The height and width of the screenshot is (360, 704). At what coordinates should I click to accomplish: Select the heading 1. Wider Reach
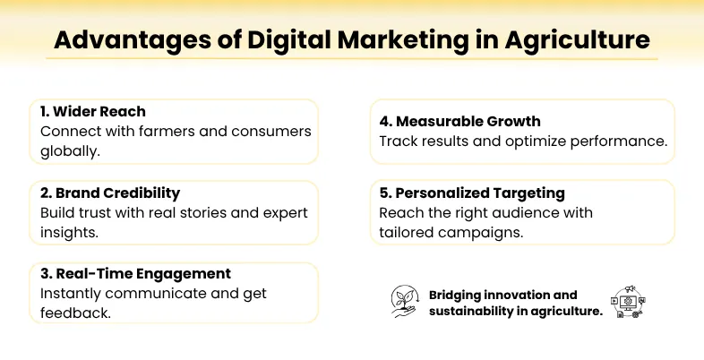(93, 112)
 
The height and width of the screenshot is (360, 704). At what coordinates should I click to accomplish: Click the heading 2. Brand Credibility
(109, 193)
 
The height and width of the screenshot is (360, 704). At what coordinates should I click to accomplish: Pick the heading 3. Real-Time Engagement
(135, 274)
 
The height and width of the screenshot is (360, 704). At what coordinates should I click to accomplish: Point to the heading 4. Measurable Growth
(459, 121)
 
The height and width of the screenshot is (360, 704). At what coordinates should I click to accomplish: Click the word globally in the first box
(70, 151)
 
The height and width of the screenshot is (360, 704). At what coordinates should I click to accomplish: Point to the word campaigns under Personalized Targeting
(480, 233)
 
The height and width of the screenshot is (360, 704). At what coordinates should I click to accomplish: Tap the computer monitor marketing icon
(627, 303)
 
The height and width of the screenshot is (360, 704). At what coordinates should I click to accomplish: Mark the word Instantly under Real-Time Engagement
(74, 294)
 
